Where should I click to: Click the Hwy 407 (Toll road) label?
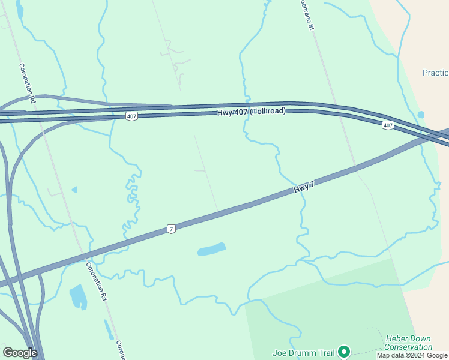click(251, 112)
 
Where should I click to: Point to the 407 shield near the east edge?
click(388, 125)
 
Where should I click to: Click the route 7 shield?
click(172, 229)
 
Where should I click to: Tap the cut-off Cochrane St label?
click(307, 16)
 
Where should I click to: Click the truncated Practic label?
click(435, 73)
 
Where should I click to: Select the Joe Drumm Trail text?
click(303, 352)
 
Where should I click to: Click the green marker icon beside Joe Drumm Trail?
click(344, 352)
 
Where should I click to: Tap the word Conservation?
click(408, 347)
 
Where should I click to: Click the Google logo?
click(20, 353)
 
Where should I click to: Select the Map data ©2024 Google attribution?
click(412, 356)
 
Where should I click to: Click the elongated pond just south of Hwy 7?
click(211, 249)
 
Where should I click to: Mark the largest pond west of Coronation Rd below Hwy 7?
click(79, 296)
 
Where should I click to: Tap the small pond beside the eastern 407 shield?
click(421, 115)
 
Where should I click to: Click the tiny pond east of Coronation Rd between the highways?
click(74, 190)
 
